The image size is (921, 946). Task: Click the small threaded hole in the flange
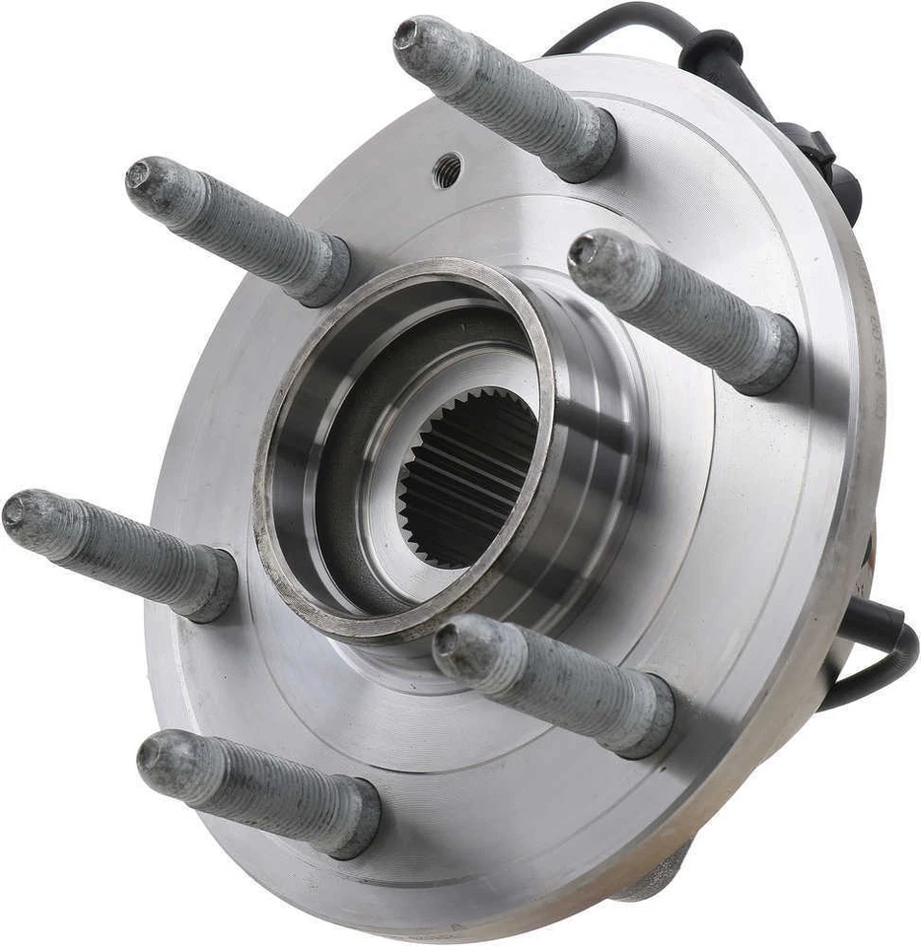coord(447,170)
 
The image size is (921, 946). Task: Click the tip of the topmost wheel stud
coord(407,34)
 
